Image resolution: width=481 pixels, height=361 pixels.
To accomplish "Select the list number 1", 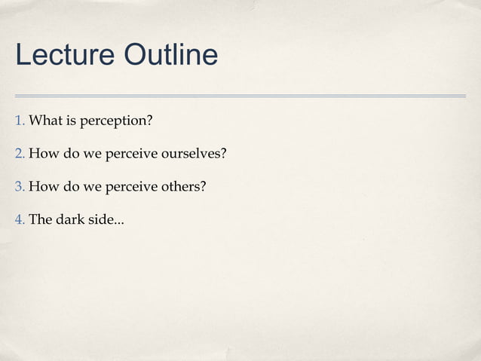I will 20,121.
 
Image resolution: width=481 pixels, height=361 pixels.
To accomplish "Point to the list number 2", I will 20,154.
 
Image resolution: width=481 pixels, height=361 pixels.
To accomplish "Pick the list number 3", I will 20,187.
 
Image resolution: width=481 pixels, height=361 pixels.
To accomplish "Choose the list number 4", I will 20,220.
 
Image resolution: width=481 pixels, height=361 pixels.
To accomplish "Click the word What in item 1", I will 45,121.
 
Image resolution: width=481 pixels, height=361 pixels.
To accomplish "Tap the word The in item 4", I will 40,220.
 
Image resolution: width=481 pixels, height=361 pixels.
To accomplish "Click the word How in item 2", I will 42,154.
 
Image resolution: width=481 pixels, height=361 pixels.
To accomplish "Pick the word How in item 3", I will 42,187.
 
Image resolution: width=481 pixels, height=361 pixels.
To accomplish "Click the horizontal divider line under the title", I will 240,96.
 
